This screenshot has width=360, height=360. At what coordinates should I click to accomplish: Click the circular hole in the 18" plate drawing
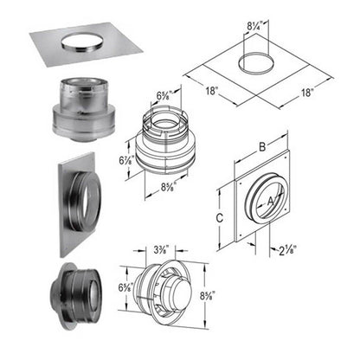tap(252, 64)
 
